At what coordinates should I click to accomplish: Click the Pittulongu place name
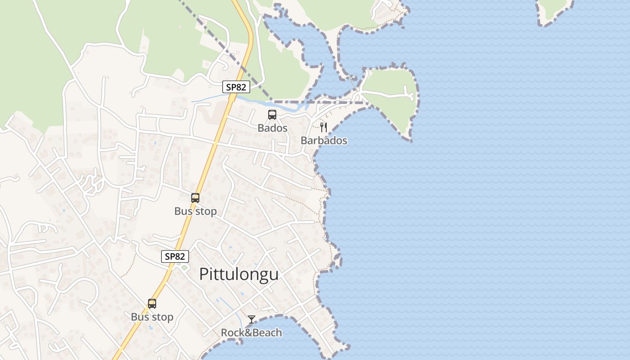[x=239, y=274]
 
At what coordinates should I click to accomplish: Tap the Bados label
[x=272, y=128]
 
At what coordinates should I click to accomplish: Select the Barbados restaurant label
[x=324, y=140]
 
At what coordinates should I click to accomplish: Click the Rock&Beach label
[x=251, y=333]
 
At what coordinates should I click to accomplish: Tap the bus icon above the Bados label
[x=272, y=115]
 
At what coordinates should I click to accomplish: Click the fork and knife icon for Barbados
[x=324, y=127]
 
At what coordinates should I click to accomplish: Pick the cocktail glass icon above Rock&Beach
[x=252, y=319]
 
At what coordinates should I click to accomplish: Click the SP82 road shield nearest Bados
[x=236, y=87]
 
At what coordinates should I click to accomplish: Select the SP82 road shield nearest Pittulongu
[x=175, y=256]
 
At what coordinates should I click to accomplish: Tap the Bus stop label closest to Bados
[x=195, y=211]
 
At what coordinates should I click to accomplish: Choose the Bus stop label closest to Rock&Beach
[x=152, y=317]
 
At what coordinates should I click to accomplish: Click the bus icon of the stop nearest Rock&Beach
[x=152, y=304]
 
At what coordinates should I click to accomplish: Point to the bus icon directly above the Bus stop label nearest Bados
[x=195, y=198]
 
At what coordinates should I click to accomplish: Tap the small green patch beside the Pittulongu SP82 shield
[x=184, y=268]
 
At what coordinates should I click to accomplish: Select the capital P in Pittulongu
[x=204, y=274]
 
